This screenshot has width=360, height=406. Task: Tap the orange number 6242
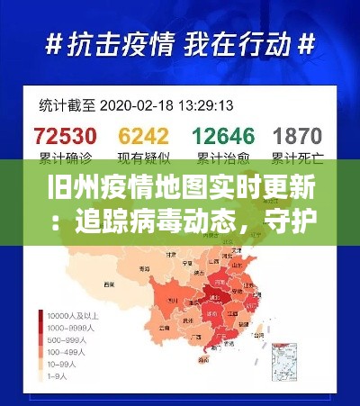tap(144, 136)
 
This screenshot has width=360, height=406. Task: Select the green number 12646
tap(221, 136)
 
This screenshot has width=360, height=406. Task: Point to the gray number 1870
tap(297, 136)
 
